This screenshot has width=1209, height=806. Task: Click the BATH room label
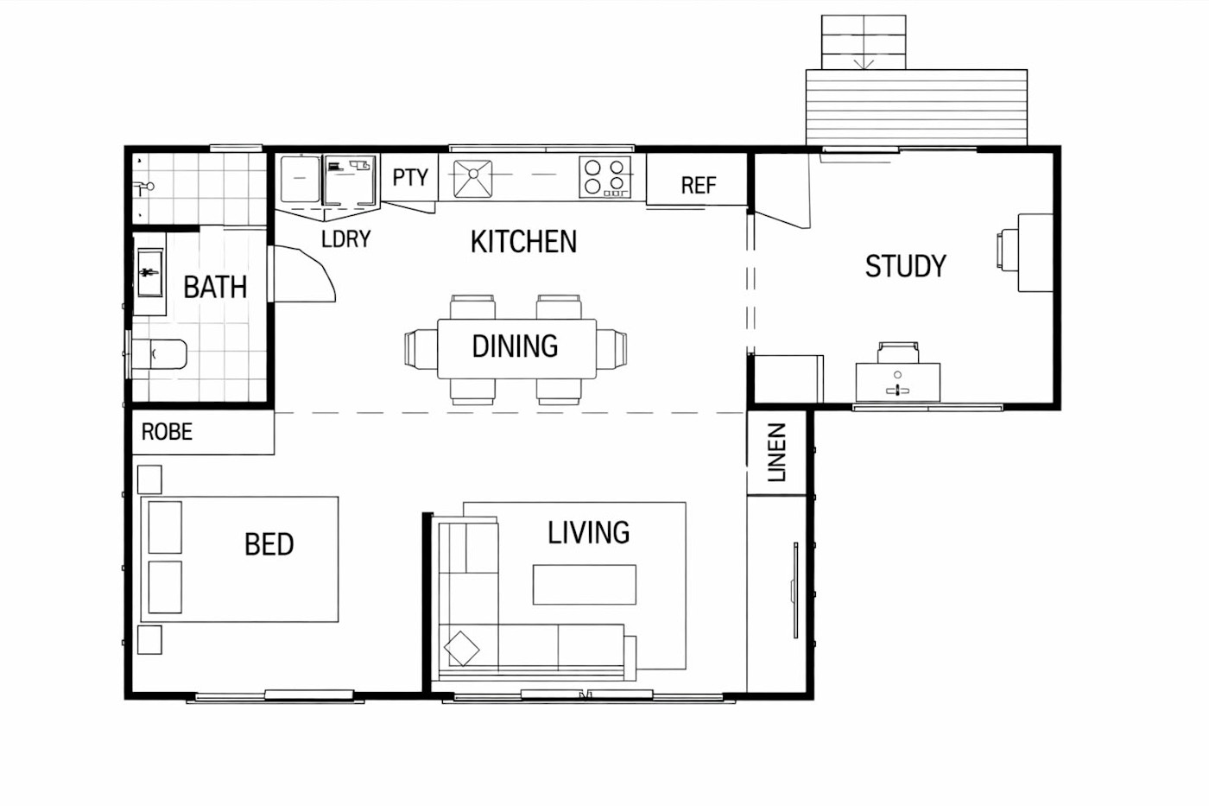(215, 287)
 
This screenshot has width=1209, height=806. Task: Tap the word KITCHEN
(523, 241)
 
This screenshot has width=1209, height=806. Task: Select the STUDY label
(906, 266)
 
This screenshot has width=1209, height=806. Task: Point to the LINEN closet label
(776, 453)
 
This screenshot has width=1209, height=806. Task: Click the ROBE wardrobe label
(167, 432)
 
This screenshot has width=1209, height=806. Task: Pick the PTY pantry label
(410, 177)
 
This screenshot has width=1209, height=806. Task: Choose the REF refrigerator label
(699, 186)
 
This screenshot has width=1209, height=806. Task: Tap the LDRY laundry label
(346, 239)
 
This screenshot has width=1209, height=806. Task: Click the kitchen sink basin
(473, 179)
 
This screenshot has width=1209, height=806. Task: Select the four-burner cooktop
(605, 177)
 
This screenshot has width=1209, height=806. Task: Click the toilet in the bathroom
(159, 354)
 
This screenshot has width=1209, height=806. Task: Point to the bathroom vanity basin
(149, 273)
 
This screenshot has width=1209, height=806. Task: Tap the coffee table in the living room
(585, 585)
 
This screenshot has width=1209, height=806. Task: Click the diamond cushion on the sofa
(461, 649)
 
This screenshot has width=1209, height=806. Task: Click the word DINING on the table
(515, 346)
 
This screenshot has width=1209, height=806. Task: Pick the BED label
(269, 544)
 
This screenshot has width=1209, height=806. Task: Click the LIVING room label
(588, 533)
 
